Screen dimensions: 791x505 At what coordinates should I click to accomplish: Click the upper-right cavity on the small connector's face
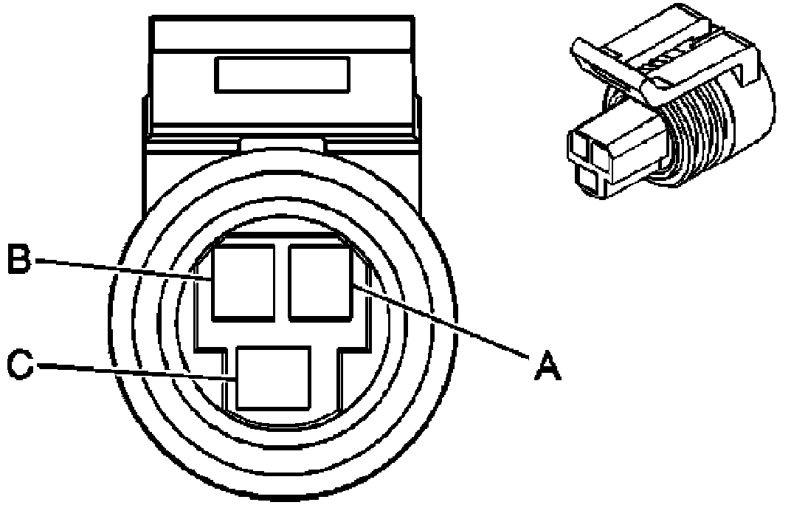pyautogui.click(x=599, y=152)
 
